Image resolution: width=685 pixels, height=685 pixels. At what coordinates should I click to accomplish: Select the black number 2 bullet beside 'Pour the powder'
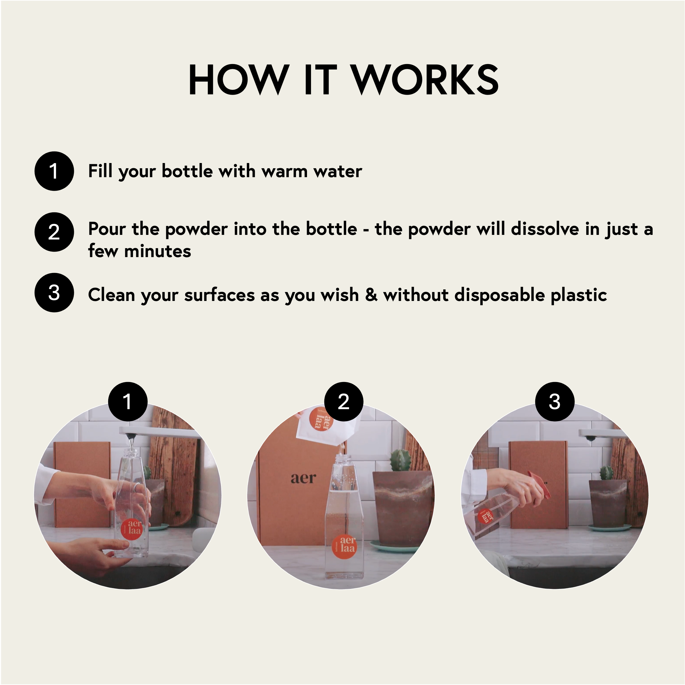click(x=54, y=232)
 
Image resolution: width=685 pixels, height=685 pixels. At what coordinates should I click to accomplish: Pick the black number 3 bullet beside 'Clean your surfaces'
click(x=54, y=293)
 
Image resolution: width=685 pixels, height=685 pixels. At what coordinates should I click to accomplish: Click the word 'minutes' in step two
click(x=158, y=251)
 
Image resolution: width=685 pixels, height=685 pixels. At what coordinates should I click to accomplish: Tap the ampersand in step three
click(x=371, y=295)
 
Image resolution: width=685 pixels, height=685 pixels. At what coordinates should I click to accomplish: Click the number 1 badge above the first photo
click(x=128, y=401)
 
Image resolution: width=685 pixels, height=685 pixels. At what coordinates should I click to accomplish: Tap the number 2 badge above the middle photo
click(x=344, y=401)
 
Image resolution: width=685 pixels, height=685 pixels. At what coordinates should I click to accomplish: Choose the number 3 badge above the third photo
click(x=555, y=401)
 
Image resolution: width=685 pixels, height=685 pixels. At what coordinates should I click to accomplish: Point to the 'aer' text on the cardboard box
click(x=303, y=478)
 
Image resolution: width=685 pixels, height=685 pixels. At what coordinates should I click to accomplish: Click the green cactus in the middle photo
click(x=401, y=460)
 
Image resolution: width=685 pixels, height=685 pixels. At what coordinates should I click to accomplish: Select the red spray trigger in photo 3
click(x=539, y=482)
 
